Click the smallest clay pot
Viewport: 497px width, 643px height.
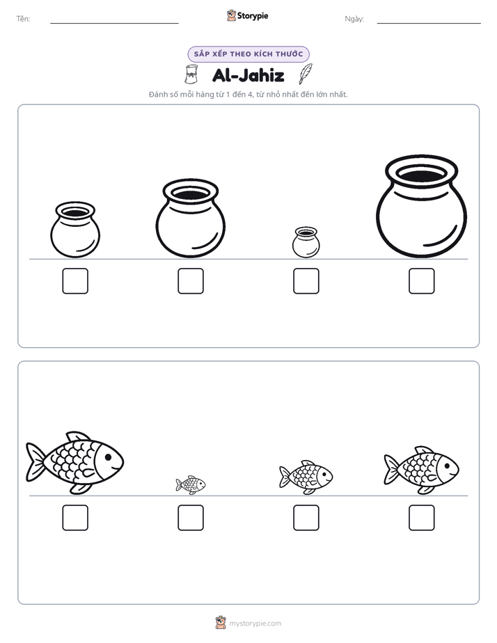pos(306,242)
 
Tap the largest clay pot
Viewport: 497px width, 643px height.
pos(421,207)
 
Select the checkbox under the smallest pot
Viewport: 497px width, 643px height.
pos(306,281)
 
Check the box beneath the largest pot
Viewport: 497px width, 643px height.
pos(422,281)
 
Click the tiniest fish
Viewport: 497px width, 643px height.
pos(191,485)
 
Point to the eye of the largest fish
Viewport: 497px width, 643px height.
pos(108,457)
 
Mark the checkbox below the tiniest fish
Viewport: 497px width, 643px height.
pos(191,518)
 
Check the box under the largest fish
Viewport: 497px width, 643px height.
pos(75,518)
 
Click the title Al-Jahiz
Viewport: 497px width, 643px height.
pos(248,75)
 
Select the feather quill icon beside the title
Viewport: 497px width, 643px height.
pos(306,74)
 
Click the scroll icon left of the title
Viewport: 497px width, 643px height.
pos(191,74)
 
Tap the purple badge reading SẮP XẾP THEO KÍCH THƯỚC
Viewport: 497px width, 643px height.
pos(248,54)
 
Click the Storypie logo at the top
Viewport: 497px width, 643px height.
pos(248,15)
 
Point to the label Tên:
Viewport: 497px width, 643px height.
pos(23,19)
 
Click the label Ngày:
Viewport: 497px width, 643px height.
pos(354,19)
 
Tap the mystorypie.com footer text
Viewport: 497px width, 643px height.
pos(255,624)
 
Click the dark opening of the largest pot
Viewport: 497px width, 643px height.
pos(422,175)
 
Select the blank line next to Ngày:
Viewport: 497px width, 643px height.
pos(429,24)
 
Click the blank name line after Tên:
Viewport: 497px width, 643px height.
pos(114,24)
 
